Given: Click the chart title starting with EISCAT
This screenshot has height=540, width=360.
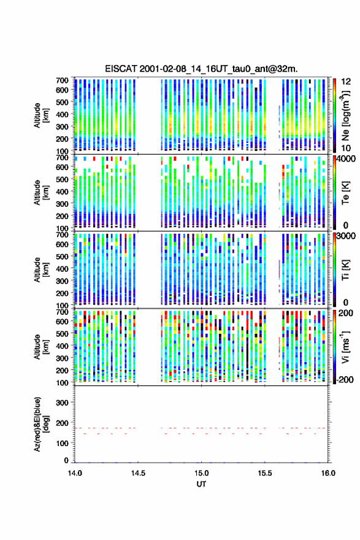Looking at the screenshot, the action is coord(201,69).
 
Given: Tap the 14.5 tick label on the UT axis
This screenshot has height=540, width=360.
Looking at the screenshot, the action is coord(138,473).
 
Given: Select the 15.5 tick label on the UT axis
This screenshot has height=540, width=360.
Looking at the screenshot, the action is coord(265,473).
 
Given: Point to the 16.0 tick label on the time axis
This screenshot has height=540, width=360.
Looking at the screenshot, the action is coord(328,473).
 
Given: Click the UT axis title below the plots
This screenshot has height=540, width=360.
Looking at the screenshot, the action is coord(201,484).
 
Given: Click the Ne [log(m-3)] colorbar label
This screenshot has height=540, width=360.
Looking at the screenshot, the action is coord(345,115).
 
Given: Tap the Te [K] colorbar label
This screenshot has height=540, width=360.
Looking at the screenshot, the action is coord(345,193).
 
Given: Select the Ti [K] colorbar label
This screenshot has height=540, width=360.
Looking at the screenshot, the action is coord(345,269).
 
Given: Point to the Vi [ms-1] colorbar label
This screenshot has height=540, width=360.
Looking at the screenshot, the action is coord(345,347).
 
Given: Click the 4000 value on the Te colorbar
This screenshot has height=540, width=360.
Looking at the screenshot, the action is coord(347,159).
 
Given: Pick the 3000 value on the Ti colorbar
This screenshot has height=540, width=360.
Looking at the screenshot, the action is coord(347,236).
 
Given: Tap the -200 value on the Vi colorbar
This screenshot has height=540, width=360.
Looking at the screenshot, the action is coord(345,379).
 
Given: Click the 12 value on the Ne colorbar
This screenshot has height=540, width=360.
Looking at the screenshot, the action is coord(347,82).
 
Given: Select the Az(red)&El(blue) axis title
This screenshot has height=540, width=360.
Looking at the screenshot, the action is coord(41,424).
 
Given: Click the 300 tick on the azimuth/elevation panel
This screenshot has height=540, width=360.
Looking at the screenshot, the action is coord(62,403).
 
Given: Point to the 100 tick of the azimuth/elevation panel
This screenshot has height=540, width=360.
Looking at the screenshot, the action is coord(62,443).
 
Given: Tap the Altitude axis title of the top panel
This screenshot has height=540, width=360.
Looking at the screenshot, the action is coord(41,115).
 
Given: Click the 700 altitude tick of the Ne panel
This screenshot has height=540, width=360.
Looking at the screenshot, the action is coord(62,80).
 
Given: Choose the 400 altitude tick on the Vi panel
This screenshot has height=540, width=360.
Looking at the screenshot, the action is coord(62,345).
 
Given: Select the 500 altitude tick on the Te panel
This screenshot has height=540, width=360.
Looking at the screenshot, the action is coord(62,179).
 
